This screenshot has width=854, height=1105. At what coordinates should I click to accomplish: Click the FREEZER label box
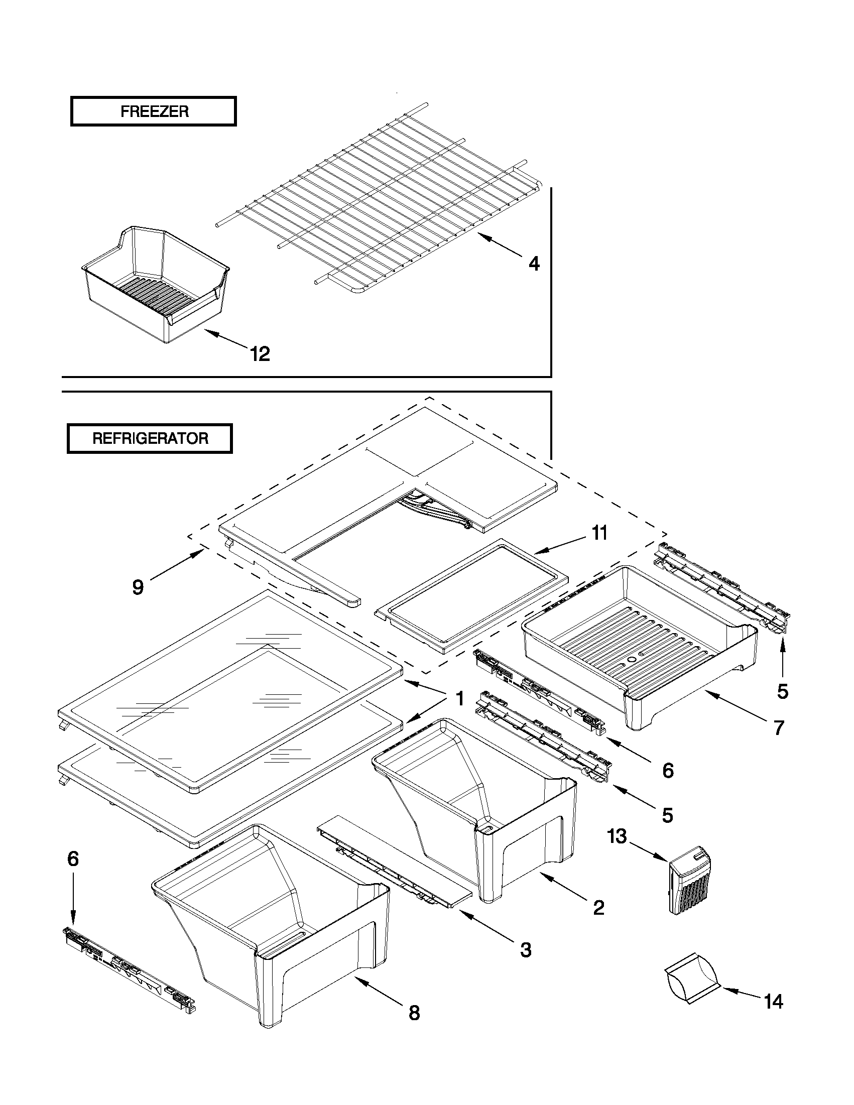(153, 111)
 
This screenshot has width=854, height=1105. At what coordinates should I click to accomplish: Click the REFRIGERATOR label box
(150, 438)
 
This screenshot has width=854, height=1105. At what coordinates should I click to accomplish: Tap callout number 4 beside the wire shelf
(534, 264)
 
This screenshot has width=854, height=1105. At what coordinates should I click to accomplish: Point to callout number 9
(138, 587)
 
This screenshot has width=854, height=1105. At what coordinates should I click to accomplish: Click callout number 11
(599, 533)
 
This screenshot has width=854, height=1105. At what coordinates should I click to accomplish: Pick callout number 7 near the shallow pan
(779, 727)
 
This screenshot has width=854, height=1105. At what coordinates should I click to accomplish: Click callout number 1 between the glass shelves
(459, 699)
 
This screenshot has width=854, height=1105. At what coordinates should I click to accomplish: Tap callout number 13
(617, 836)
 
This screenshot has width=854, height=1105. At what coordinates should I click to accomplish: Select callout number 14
(774, 1001)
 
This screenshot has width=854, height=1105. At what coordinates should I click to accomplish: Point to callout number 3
(526, 950)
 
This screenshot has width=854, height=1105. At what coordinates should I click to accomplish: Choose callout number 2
(598, 908)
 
